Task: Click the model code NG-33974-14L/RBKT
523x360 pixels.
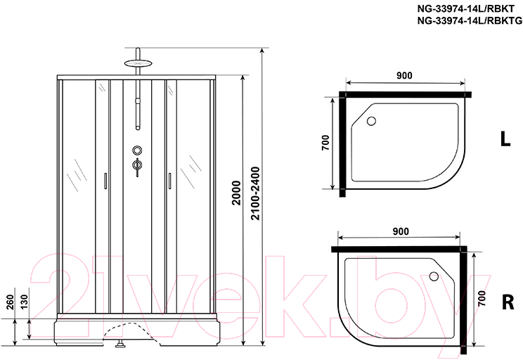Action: pyautogui.click(x=466, y=9)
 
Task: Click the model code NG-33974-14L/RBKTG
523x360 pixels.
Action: pyautogui.click(x=470, y=20)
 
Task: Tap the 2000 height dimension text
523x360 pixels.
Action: pyautogui.click(x=236, y=193)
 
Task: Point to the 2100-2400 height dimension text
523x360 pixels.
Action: pyautogui.click(x=255, y=193)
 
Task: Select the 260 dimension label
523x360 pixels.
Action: pyautogui.click(x=10, y=302)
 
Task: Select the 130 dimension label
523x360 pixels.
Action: pyautogui.click(x=25, y=302)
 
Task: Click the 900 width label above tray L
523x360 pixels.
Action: pyautogui.click(x=404, y=75)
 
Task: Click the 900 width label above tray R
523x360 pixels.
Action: pyautogui.click(x=401, y=231)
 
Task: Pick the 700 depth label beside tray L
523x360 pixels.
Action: pyautogui.click(x=325, y=143)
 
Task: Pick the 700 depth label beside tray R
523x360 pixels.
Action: pyautogui.click(x=482, y=298)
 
